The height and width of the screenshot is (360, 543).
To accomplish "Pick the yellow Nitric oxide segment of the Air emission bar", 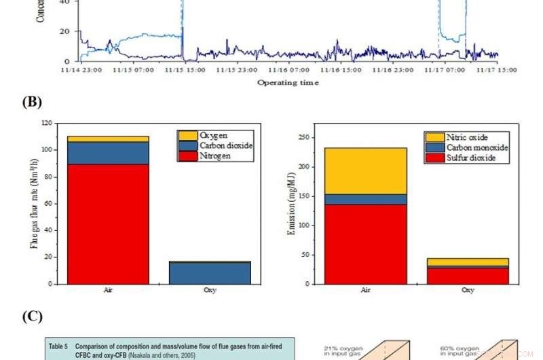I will [366, 170].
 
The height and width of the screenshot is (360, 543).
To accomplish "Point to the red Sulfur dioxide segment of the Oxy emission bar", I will [468, 276].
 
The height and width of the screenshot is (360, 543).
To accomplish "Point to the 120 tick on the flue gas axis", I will [47, 124].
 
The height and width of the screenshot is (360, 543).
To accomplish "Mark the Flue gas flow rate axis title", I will [33, 204].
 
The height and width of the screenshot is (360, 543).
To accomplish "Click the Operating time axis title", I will [288, 83].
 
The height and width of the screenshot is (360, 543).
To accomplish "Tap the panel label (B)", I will [31, 103].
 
